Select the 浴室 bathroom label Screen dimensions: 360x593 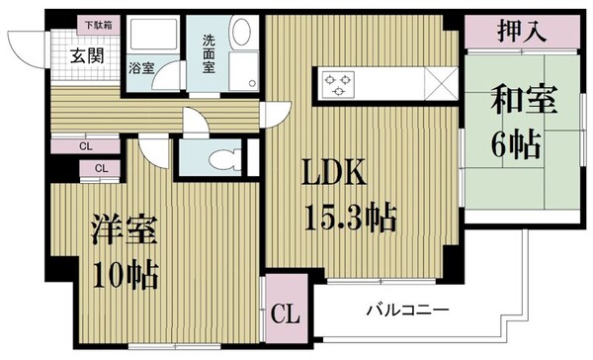(x=140, y=68)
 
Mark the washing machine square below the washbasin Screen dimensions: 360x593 (x=240, y=74)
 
